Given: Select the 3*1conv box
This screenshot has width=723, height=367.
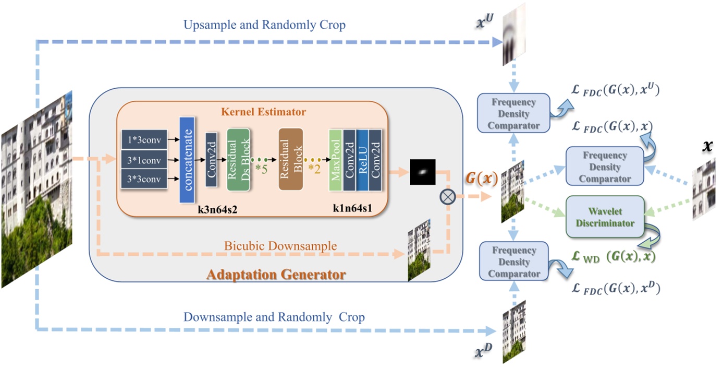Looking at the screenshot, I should [144, 160].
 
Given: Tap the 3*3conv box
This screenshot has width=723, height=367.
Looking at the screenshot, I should [144, 180].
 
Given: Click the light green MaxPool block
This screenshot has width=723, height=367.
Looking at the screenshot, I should [335, 160].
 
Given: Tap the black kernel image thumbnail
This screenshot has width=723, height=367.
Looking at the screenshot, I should [423, 172].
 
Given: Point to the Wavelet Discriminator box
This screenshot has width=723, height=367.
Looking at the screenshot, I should [605, 217].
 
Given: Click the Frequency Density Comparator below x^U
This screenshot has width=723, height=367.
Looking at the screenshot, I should [514, 113].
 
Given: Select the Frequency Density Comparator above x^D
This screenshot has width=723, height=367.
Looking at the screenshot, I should [514, 262].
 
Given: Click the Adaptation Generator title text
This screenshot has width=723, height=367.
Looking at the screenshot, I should [276, 274].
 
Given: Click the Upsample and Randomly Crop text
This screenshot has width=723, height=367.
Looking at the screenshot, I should [265, 25].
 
